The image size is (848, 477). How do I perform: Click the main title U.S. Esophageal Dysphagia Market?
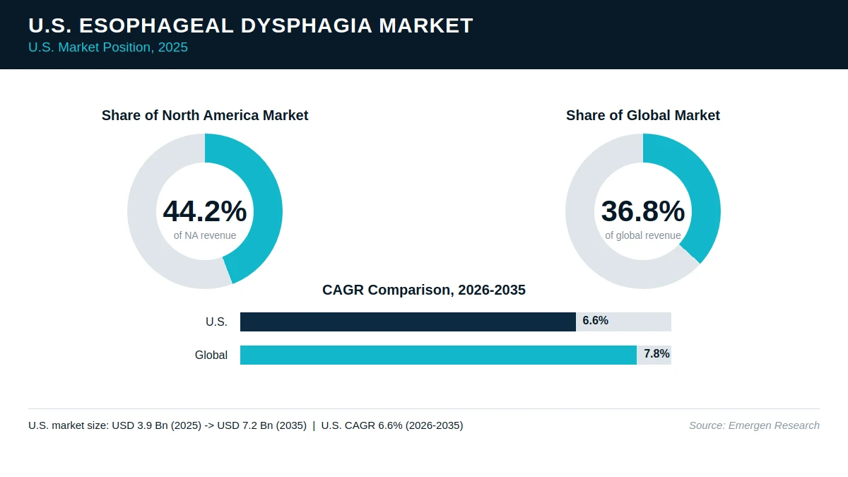coord(251,25)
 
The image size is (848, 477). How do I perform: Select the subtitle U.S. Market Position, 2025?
coord(108,47)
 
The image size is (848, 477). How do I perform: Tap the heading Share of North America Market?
coord(205,115)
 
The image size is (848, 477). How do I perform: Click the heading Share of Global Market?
coord(643,115)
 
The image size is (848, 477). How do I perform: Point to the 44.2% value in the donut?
coord(205,211)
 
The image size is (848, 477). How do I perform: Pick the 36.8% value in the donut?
coord(643,211)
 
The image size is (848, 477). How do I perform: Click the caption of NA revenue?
coord(205,235)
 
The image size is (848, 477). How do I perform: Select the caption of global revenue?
coord(643,235)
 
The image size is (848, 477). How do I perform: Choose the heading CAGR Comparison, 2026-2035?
coord(424,290)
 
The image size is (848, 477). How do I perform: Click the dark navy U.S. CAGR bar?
coord(408,322)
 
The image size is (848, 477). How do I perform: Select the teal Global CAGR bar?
coord(438,355)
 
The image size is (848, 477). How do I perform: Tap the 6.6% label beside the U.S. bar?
coord(596,321)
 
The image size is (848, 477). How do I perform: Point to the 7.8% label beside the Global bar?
coord(656,353)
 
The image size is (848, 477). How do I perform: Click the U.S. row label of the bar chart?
coord(216,322)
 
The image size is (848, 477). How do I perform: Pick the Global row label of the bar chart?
coord(211,355)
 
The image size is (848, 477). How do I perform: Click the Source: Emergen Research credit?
coord(754,425)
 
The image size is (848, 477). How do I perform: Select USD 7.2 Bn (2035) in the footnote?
coord(262,425)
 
